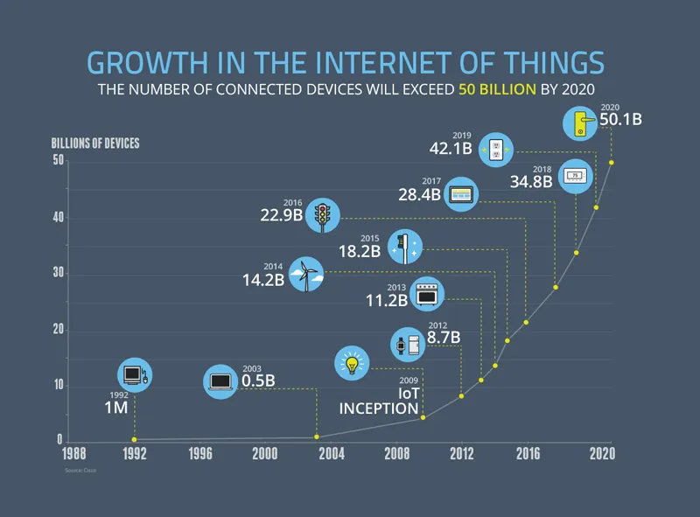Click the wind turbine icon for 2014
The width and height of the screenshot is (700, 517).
306,274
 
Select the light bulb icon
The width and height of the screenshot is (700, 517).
353,363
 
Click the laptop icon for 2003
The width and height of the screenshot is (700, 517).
221,381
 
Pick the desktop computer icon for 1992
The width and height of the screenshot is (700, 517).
134,376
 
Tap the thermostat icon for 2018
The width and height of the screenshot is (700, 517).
575,176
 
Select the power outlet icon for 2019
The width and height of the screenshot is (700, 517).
494,148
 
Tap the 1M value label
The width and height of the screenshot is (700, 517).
116,408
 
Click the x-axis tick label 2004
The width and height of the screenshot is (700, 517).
331,453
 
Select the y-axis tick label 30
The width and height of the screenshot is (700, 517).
58,274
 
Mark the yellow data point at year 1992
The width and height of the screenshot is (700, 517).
134,439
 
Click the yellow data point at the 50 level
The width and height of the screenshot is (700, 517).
611,162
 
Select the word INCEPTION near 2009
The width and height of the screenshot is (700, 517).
379,409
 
